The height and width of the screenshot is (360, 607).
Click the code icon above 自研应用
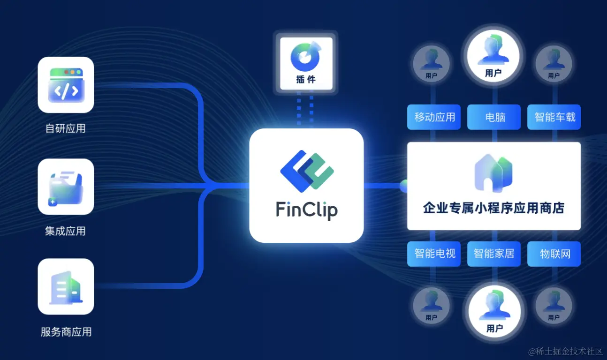click(x=66, y=85)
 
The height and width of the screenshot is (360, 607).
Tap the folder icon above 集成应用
click(x=66, y=187)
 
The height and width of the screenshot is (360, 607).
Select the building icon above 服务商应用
click(x=66, y=286)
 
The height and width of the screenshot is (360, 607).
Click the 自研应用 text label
click(x=66, y=128)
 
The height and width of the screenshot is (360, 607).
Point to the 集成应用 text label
click(x=66, y=231)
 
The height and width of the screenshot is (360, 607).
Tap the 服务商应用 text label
click(x=66, y=332)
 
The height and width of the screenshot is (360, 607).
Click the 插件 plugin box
click(x=306, y=63)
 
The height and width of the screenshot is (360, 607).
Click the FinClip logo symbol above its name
click(x=306, y=171)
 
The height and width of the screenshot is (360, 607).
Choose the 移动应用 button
click(x=434, y=117)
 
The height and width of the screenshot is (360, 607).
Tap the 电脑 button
click(x=494, y=117)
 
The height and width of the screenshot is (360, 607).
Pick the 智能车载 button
click(x=554, y=117)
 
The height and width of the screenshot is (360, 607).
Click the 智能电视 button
click(x=434, y=254)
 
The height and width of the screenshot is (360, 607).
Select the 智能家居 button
click(x=494, y=254)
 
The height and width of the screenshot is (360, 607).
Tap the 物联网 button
click(x=554, y=254)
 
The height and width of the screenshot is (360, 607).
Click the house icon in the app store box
click(x=493, y=173)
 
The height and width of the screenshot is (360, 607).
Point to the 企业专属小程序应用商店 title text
click(x=493, y=208)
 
